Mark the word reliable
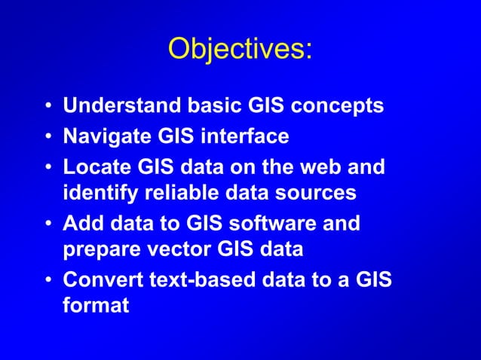click(x=176, y=193)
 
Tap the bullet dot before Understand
click(x=48, y=108)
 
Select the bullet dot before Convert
click(x=48, y=281)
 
